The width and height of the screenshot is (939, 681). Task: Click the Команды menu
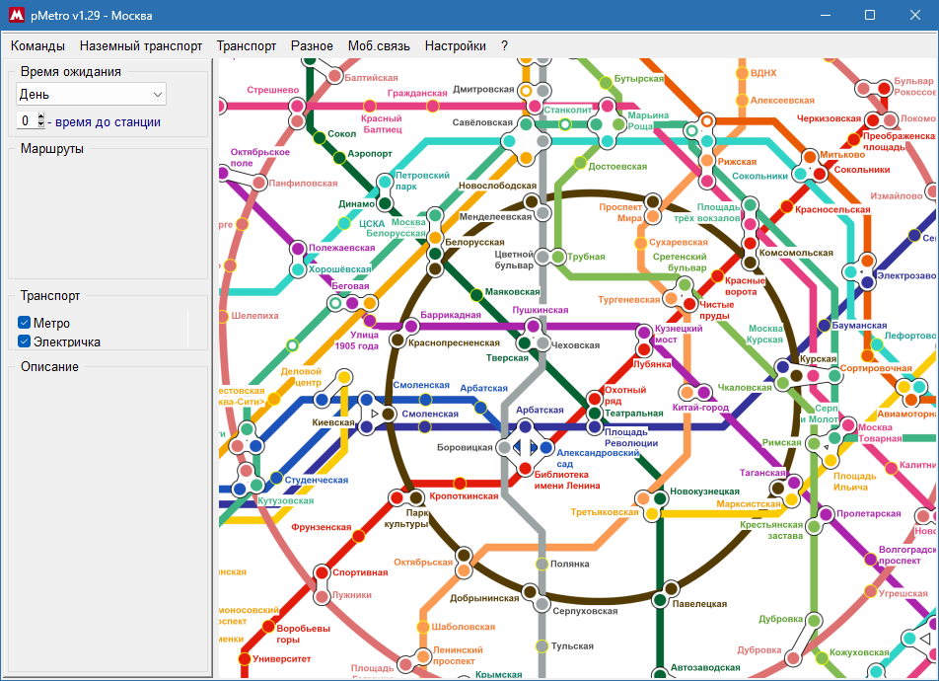pyautogui.click(x=37, y=45)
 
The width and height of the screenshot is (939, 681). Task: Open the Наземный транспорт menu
pyautogui.click(x=141, y=45)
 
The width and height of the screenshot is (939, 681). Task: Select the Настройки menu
pyautogui.click(x=456, y=45)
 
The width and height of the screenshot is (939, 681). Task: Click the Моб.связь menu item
pyautogui.click(x=379, y=45)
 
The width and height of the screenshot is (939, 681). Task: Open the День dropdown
pyautogui.click(x=91, y=94)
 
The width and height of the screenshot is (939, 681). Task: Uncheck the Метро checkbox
pyautogui.click(x=25, y=323)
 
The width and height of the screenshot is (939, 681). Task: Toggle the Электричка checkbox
pyautogui.click(x=25, y=341)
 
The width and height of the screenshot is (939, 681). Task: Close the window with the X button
pyautogui.click(x=915, y=15)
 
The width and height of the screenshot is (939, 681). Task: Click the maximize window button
pyautogui.click(x=870, y=15)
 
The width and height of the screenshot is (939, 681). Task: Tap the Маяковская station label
pyautogui.click(x=512, y=292)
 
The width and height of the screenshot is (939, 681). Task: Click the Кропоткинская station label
pyautogui.click(x=464, y=495)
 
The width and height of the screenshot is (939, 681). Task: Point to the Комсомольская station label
pyautogui.click(x=796, y=253)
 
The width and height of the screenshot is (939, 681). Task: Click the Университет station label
pyautogui.click(x=281, y=658)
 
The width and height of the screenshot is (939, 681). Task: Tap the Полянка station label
pyautogui.click(x=569, y=564)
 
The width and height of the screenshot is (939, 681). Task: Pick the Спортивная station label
pyautogui.click(x=360, y=572)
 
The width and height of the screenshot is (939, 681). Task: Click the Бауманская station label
pyautogui.click(x=859, y=325)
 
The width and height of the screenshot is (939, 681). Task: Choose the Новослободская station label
pyautogui.click(x=497, y=186)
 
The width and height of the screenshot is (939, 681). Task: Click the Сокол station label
pyautogui.click(x=341, y=133)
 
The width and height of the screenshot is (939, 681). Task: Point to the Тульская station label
pyautogui.click(x=573, y=645)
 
